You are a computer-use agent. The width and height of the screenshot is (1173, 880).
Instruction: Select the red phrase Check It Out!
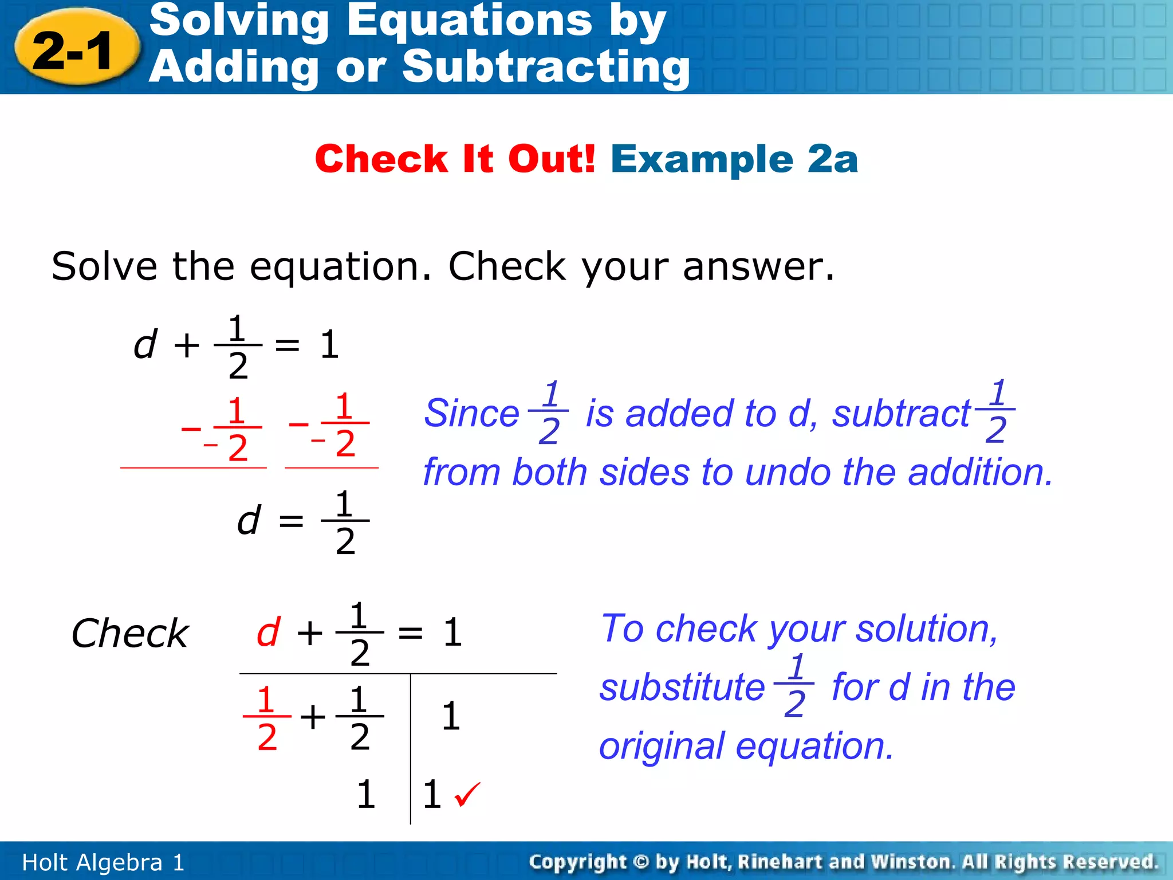(455, 159)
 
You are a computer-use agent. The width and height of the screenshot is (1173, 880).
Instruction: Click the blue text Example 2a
(734, 159)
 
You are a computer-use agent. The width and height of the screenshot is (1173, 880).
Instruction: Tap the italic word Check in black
(130, 634)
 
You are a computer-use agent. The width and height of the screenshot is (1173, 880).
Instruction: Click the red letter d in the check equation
(268, 632)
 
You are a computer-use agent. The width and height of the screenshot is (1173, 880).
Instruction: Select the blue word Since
(471, 413)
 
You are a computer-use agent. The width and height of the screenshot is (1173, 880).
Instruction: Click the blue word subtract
(901, 413)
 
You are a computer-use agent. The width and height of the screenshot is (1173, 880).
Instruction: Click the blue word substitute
(682, 687)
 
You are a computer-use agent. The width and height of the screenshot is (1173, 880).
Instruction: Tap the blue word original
(661, 746)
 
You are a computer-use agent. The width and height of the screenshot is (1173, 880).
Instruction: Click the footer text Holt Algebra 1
(103, 862)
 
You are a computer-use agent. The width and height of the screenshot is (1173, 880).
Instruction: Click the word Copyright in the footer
(577, 862)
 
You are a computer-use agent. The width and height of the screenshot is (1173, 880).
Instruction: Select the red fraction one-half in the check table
(266, 717)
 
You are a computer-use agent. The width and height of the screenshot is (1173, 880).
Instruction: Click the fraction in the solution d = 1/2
(345, 521)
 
